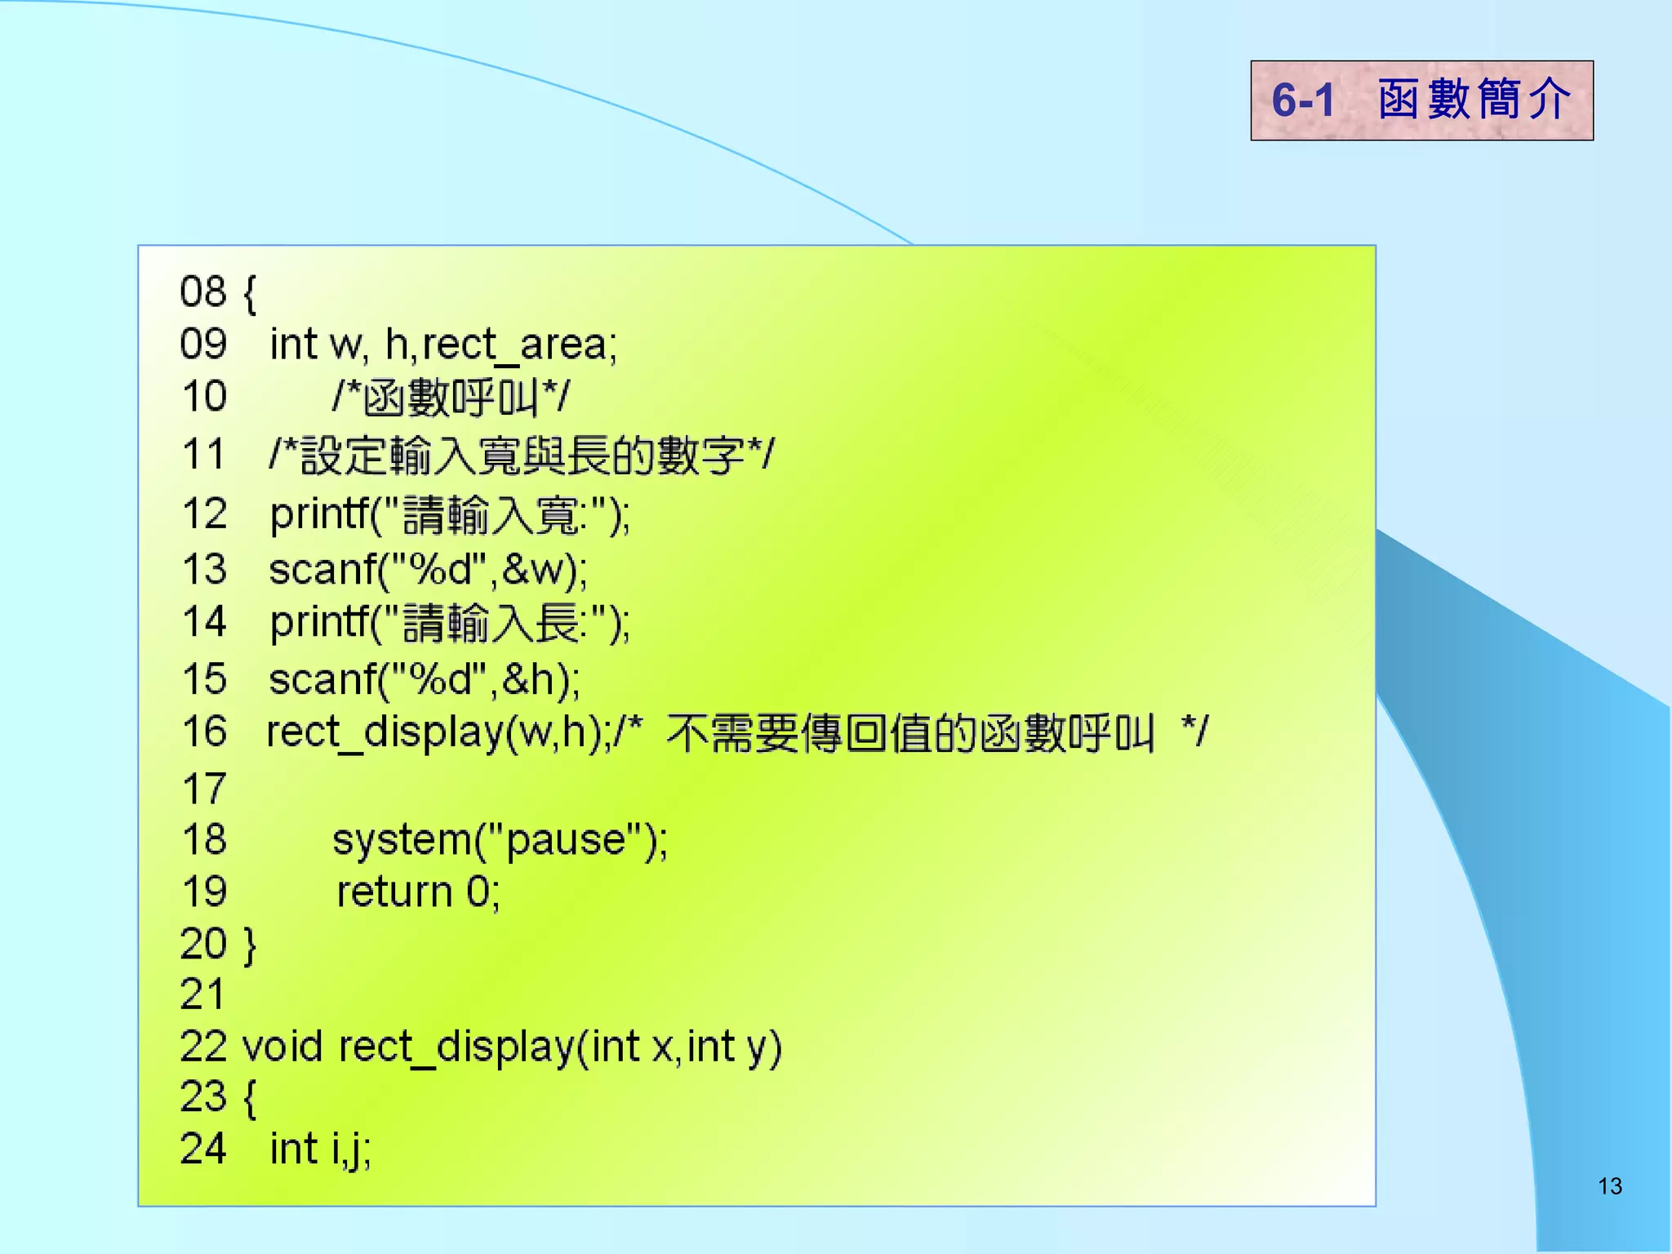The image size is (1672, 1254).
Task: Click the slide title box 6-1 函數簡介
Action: pos(1421,100)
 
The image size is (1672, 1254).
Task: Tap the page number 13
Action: pos(1609,1185)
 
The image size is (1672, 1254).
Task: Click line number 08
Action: pos(202,291)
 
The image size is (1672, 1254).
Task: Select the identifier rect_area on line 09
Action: pos(519,345)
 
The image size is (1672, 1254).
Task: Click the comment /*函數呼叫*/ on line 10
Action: pos(451,398)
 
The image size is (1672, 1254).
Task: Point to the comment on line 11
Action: pos(522,455)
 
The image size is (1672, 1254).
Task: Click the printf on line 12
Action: pos(319,514)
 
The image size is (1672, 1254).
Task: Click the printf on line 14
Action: pos(319,623)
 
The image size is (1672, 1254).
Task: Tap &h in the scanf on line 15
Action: pos(529,678)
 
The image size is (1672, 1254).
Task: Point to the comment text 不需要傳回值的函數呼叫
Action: pos(910,732)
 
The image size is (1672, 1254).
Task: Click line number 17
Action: pos(203,788)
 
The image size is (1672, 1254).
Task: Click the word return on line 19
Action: pos(394,892)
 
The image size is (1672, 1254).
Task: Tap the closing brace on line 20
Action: pos(250,945)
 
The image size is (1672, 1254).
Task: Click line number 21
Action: pos(202,994)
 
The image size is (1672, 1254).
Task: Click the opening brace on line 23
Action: pos(250,1097)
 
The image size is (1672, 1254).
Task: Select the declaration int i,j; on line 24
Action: pos(321,1149)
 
